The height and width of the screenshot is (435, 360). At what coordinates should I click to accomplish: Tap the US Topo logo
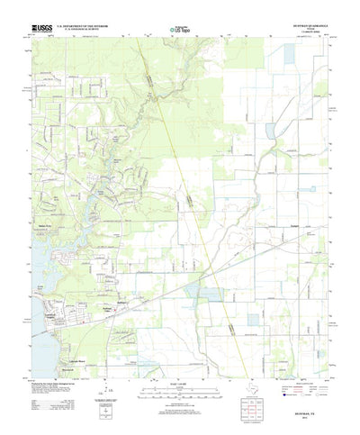(x=178, y=31)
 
